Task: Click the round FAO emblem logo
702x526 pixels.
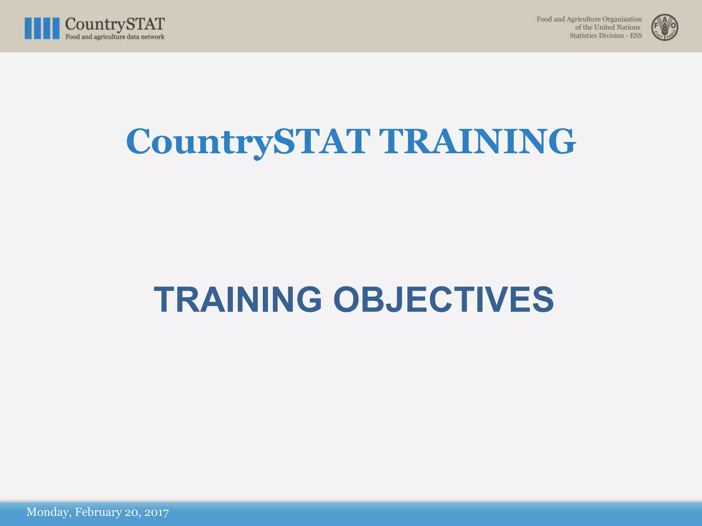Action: pyautogui.click(x=665, y=27)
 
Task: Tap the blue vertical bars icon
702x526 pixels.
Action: pyautogui.click(x=42, y=28)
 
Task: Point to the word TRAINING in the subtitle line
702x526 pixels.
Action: pyautogui.click(x=238, y=300)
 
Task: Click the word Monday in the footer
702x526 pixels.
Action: pyautogui.click(x=49, y=512)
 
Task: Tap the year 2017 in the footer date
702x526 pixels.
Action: pyautogui.click(x=156, y=512)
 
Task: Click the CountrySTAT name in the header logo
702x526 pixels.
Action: pyautogui.click(x=115, y=24)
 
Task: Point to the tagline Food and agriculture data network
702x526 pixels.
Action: pyautogui.click(x=115, y=37)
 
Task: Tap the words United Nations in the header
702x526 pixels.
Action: pyautogui.click(x=617, y=27)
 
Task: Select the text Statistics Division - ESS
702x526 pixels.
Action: pyautogui.click(x=605, y=36)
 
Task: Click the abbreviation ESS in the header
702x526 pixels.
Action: pyautogui.click(x=636, y=36)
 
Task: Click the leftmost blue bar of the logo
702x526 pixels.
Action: pyautogui.click(x=28, y=28)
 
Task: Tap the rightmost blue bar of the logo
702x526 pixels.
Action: pyautogui.click(x=55, y=28)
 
